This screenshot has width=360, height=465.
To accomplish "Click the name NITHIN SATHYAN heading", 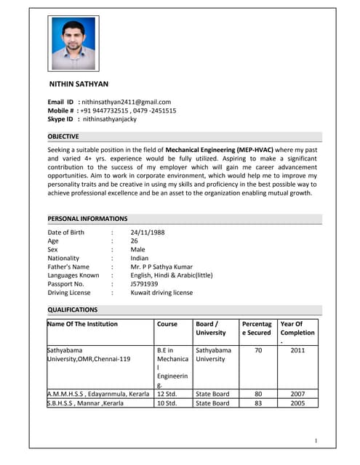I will pyautogui.click(x=79, y=84).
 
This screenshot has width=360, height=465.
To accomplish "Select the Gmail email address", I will pyautogui.click(x=126, y=102).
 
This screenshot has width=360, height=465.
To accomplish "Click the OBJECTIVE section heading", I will pyautogui.click(x=64, y=137).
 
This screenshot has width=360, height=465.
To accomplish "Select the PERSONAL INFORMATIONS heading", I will pyautogui.click(x=87, y=219).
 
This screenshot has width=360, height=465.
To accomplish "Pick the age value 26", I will pyautogui.click(x=135, y=241).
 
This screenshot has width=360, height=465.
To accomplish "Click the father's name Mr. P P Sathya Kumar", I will pyautogui.click(x=163, y=267).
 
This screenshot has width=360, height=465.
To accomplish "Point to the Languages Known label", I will pyautogui.click(x=73, y=275).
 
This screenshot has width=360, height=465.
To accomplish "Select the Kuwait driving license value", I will pyautogui.click(x=161, y=293).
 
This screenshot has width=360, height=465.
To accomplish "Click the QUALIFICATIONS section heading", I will pyautogui.click(x=73, y=310).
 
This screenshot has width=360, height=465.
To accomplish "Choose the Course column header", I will pyautogui.click(x=167, y=324).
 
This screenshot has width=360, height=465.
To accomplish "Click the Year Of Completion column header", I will pyautogui.click(x=297, y=329).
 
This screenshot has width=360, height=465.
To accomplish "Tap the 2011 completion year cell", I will pyautogui.click(x=297, y=350).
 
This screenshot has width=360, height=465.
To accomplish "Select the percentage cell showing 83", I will pyautogui.click(x=258, y=403).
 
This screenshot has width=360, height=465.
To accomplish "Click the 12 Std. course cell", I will pyautogui.click(x=168, y=394).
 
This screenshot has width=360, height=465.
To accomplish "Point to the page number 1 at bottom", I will pyautogui.click(x=316, y=441).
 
